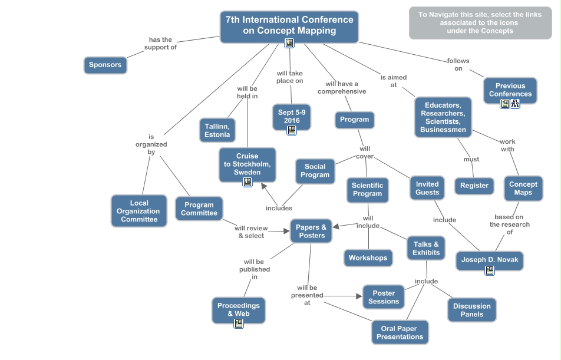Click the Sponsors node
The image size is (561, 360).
coord(105,65)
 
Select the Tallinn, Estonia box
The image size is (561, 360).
coord(217,130)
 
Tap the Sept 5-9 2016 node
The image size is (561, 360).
coord(292,116)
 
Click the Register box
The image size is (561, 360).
coord(474,186)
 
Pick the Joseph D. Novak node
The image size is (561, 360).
coord(489,260)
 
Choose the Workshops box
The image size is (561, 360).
coord(368,257)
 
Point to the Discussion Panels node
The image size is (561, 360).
coord(471,310)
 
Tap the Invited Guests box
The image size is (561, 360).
coord(427,188)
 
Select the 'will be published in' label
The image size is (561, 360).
coord(255,269)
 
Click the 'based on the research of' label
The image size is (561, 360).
coord(510,224)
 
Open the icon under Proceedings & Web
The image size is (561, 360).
coord(239,323)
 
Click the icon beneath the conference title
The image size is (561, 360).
coord(289,42)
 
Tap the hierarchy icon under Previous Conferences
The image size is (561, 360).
coord(515,104)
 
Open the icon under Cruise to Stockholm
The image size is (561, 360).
coord(247,182)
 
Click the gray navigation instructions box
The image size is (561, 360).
coord(480,23)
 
